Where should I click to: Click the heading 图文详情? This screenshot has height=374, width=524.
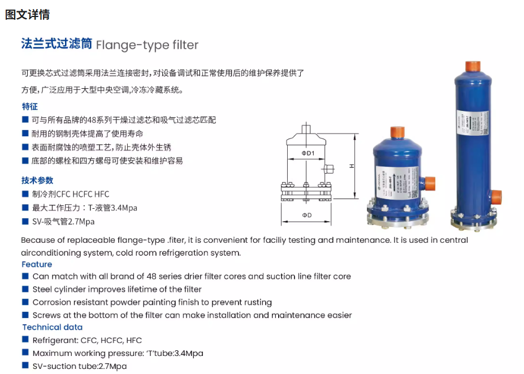27,15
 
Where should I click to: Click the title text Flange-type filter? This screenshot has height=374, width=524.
148,45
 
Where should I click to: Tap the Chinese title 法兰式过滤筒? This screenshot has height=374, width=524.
57,44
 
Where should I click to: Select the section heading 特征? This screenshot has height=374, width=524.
29,106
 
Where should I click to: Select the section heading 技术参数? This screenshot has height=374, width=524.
37,180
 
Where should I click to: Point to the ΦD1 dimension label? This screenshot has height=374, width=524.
308,153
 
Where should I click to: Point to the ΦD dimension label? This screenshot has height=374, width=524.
306,216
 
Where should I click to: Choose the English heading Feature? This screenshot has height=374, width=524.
37,264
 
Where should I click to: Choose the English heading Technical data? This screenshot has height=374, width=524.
52,327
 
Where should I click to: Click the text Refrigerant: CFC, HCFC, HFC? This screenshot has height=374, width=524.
87,340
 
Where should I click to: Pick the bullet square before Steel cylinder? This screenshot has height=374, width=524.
25,289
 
